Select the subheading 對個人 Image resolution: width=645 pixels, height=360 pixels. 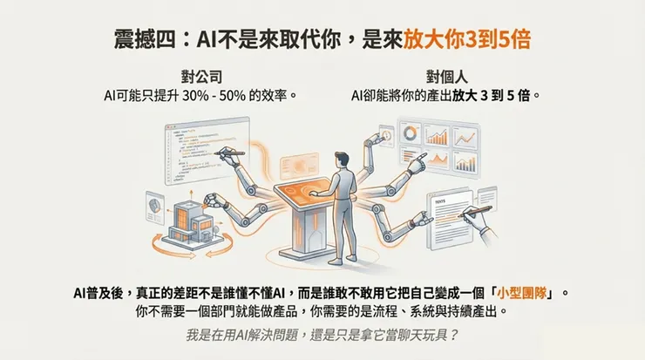click(x=445, y=76)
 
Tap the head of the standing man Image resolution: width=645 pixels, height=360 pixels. click(x=344, y=160)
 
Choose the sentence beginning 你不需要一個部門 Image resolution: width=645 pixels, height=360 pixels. click(x=322, y=311)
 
